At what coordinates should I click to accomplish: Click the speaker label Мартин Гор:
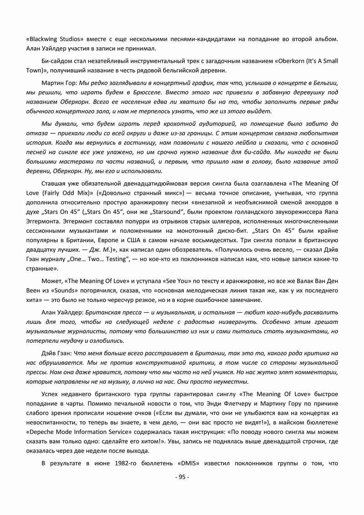(x=59, y=83)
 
